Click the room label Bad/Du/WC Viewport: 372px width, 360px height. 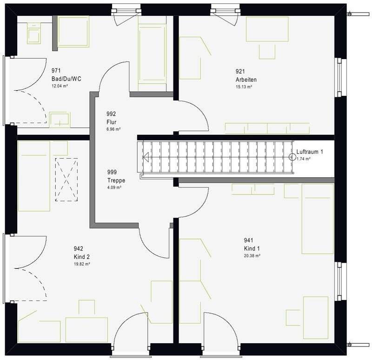(66, 79)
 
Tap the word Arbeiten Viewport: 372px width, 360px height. (246, 80)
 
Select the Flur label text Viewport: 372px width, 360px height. (112, 122)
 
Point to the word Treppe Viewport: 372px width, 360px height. (116, 180)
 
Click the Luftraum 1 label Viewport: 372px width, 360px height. (310, 152)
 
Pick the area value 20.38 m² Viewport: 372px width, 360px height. (252, 256)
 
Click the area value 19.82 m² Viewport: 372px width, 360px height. (82, 264)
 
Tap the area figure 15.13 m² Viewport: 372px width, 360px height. (244, 87)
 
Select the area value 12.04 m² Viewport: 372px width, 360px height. (60, 86)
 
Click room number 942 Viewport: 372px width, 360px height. (79, 248)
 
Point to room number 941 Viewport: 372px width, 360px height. (249, 240)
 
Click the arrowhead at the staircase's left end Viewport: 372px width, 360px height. (146, 157)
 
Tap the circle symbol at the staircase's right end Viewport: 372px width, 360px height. (292, 157)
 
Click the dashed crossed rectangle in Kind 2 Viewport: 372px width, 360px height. (66, 180)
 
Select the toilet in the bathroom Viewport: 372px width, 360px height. (33, 33)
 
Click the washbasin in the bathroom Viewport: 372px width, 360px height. (60, 120)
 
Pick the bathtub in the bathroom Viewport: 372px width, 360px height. (152, 53)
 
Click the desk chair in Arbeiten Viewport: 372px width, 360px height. (267, 52)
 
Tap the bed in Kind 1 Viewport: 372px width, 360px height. (318, 219)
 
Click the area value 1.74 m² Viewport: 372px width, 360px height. (304, 159)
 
